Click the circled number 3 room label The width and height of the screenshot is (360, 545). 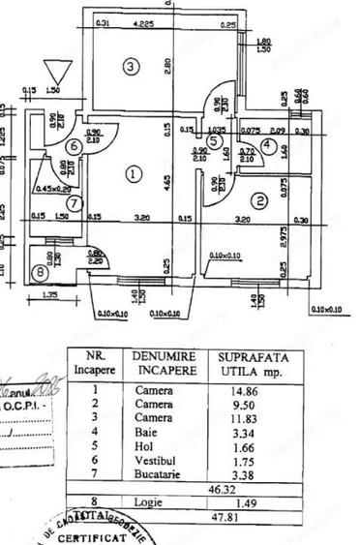[133, 66]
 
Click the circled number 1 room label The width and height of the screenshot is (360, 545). [135, 174]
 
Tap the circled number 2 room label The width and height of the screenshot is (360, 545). [259, 201]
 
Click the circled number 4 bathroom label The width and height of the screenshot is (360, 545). [268, 148]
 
